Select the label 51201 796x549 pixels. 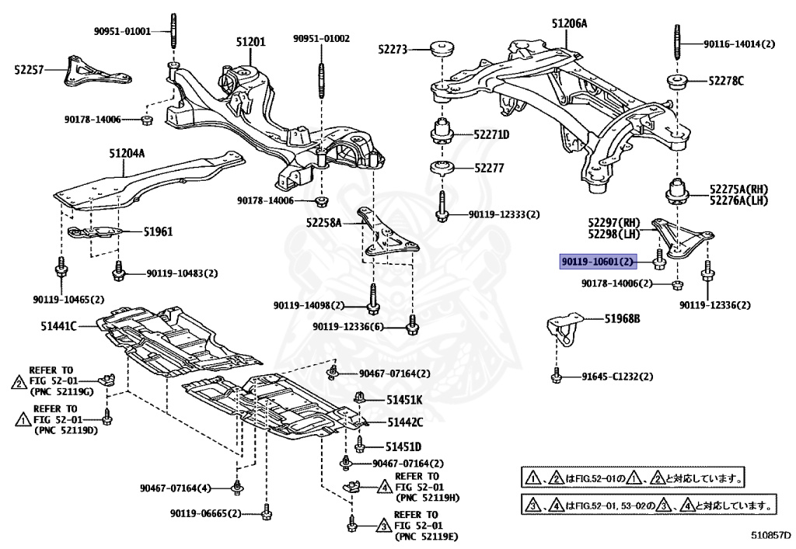(x=251, y=41)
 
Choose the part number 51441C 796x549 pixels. (x=59, y=326)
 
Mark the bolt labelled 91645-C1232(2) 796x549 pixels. (x=557, y=377)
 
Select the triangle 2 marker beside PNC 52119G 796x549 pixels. (x=18, y=381)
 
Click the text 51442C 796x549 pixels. (x=405, y=422)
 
